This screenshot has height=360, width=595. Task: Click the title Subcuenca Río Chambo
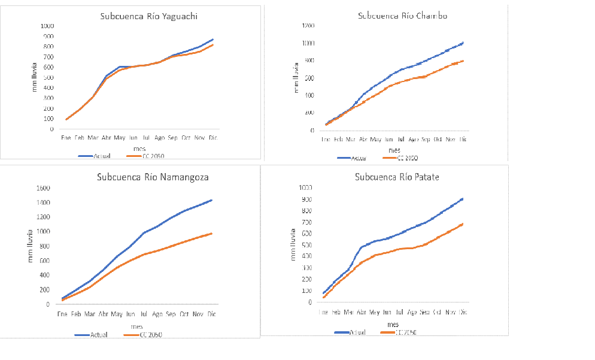(x=402, y=16)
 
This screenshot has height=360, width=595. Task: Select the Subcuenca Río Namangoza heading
(x=153, y=177)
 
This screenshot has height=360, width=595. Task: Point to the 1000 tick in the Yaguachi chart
(x=47, y=26)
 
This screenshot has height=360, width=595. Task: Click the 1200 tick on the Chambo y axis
(x=308, y=26)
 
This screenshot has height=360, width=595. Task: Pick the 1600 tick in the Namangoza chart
(x=44, y=187)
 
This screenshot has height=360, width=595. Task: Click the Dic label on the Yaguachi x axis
(x=211, y=138)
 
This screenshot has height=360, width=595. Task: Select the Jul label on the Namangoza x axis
(x=144, y=313)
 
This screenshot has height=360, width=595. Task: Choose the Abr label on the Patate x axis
(x=362, y=312)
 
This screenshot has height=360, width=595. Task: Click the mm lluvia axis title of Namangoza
(x=31, y=246)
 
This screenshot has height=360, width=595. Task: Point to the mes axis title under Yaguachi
(x=139, y=147)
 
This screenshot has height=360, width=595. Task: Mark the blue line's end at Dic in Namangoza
(x=211, y=200)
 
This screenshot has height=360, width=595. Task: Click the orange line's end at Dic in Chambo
(x=463, y=60)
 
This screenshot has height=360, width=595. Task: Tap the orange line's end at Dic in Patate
(x=463, y=224)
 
